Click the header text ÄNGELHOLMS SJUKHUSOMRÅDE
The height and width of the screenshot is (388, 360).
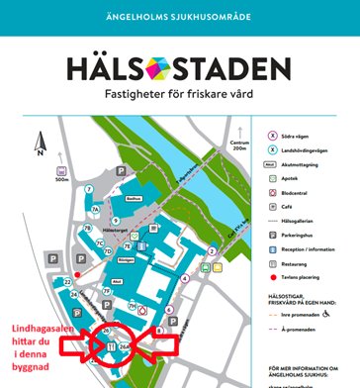[179, 18]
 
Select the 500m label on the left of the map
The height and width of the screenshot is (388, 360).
[61, 179]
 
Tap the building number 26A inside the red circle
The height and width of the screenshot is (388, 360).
[125, 346]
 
